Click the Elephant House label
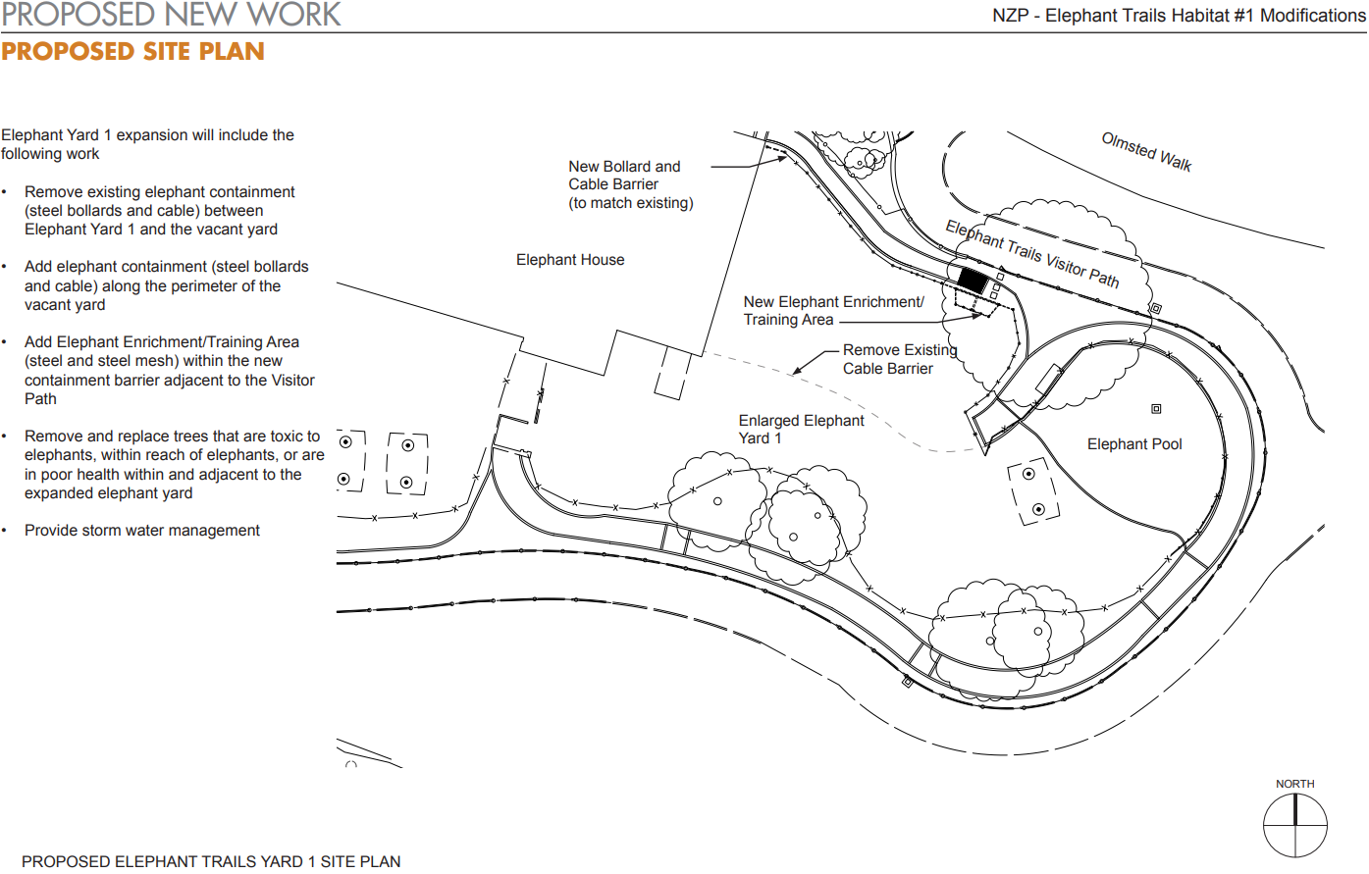[570, 260]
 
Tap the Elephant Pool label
[1134, 444]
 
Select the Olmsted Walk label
[1146, 152]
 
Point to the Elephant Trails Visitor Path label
[1032, 254]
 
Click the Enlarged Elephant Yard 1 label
[801, 430]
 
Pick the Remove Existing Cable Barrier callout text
[900, 359]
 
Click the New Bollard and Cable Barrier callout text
[631, 184]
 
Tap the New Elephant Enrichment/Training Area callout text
[833, 310]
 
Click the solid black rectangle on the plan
[973, 281]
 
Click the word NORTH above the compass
[1295, 784]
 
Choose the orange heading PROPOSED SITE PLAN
[132, 52]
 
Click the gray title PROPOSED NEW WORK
[171, 15]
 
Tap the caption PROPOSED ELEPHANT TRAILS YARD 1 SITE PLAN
[211, 862]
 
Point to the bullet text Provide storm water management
[141, 530]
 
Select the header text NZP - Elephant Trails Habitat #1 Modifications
[1179, 16]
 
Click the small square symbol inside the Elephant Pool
[1156, 409]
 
